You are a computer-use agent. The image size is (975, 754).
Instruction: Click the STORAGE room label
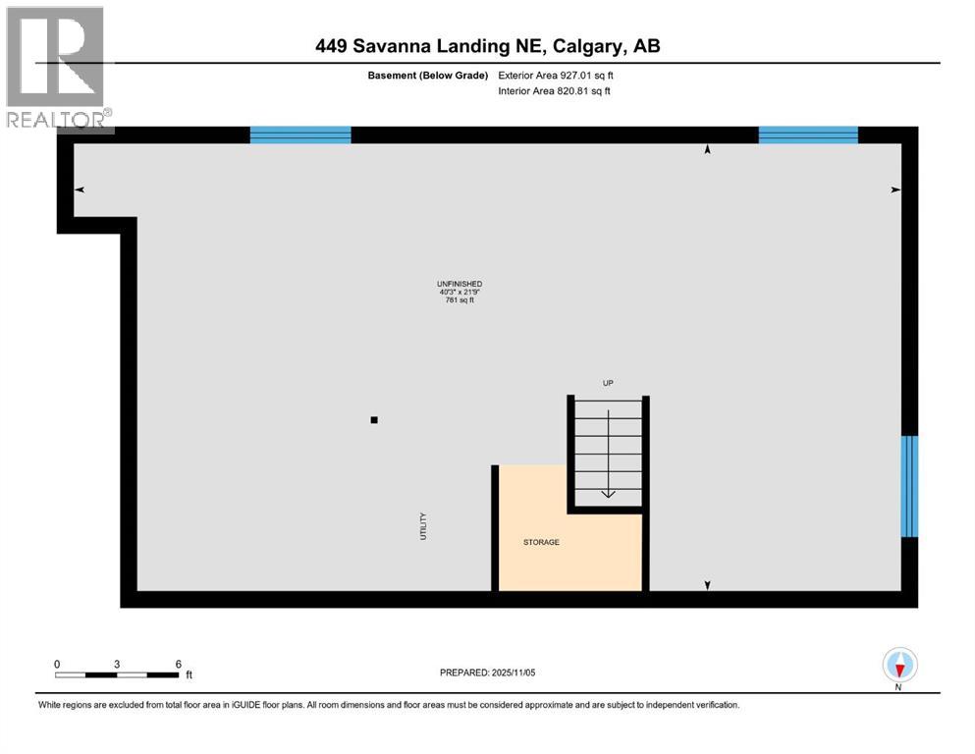coord(541,542)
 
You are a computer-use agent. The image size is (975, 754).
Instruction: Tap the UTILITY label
coord(424,525)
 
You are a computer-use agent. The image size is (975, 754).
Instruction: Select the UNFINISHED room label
coord(460,284)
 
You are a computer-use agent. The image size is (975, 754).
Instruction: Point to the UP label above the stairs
coord(608,383)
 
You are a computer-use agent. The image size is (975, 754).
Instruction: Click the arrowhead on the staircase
coord(608,493)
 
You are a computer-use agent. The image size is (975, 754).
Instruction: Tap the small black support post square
coord(374,420)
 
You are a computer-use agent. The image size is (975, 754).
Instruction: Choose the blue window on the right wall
coord(909,486)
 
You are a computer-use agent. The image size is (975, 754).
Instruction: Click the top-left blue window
coord(300,135)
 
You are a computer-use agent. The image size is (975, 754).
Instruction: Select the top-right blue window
coord(808,135)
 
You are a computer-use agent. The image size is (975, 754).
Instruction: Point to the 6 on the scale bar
coord(179,664)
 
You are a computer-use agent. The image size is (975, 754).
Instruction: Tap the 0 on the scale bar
coord(57,664)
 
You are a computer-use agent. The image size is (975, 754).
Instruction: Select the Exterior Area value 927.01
coord(579,75)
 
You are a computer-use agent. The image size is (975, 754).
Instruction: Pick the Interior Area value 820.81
coord(577,91)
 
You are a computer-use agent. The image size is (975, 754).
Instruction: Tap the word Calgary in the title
coord(592,46)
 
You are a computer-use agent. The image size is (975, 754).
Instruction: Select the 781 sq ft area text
coord(460,299)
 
